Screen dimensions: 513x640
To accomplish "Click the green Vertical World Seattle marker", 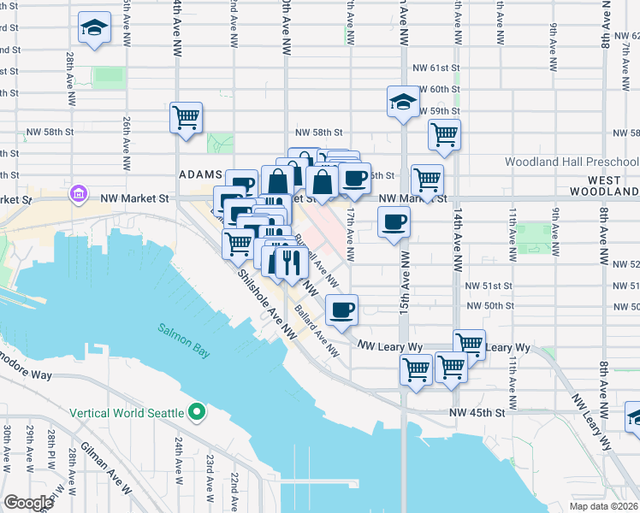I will [197, 413].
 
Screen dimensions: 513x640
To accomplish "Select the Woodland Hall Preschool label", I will [571, 162].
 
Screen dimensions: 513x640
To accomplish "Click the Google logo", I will [28, 503].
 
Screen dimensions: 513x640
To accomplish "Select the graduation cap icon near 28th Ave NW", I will [94, 27].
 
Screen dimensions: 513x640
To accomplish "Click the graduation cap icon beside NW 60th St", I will [402, 102].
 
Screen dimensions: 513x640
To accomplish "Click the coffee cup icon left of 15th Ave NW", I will [394, 222].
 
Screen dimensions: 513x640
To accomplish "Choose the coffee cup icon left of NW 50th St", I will [341, 309].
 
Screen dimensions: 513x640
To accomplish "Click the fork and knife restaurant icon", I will [287, 262].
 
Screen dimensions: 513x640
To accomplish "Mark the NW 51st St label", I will [489, 286].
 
